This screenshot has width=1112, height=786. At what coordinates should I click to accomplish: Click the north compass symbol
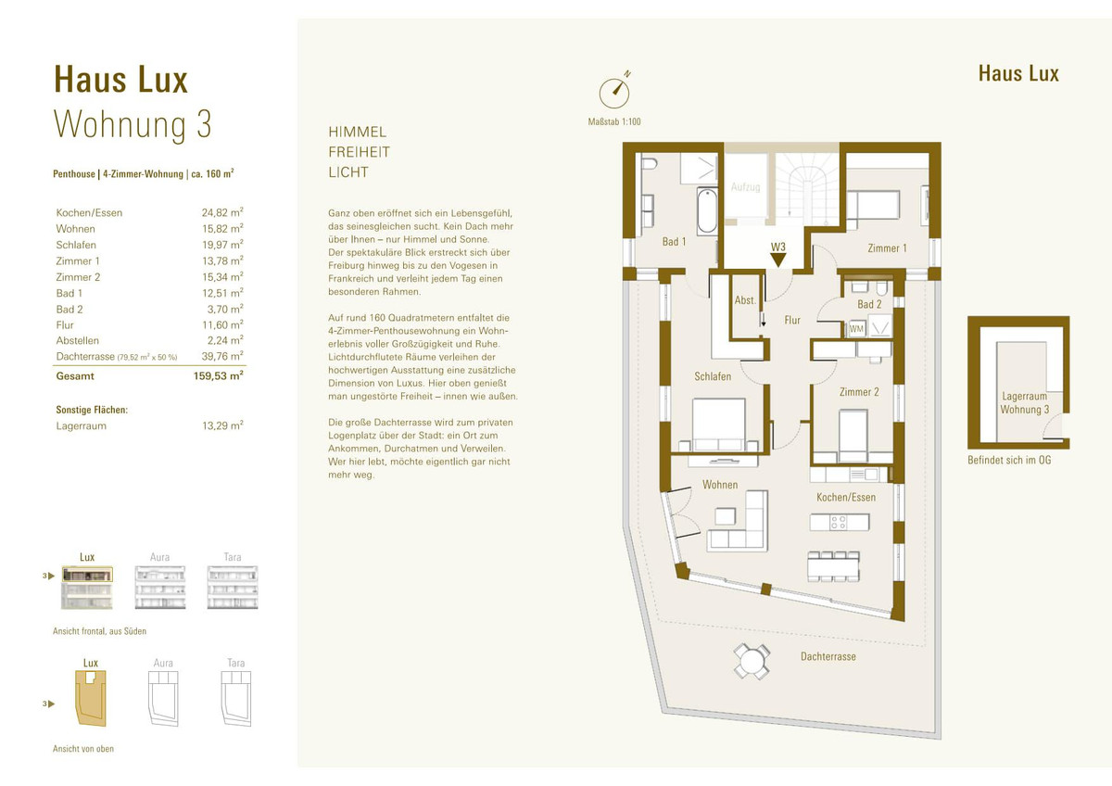click(x=614, y=93)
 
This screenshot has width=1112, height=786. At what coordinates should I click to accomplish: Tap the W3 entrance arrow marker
click(x=777, y=260)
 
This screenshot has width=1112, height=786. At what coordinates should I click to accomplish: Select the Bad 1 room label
click(x=674, y=242)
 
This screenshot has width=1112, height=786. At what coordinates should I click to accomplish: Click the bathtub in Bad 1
click(x=707, y=211)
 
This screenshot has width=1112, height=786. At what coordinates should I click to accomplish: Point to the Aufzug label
click(x=745, y=187)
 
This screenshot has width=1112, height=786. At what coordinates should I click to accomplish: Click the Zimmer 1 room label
click(x=887, y=248)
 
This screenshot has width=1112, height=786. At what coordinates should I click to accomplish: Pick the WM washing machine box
click(x=856, y=329)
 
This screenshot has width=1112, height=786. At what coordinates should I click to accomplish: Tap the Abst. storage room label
click(x=745, y=300)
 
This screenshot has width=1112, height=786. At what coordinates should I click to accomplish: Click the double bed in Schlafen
click(x=718, y=425)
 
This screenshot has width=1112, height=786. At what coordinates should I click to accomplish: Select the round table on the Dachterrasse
click(x=752, y=662)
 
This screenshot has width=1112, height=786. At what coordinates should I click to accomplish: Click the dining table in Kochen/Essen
click(x=833, y=566)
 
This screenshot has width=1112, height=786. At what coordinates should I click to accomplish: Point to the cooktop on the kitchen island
click(x=839, y=522)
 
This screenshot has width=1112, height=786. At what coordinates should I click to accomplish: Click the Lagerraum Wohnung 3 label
click(x=1025, y=402)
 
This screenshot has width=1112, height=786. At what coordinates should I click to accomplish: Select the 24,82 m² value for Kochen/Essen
click(x=222, y=212)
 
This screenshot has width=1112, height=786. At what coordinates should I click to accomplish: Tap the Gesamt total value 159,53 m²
click(x=219, y=376)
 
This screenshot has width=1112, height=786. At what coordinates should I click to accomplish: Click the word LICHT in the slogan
click(x=348, y=172)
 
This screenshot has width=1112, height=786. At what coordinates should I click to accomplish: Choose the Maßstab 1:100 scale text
click(x=614, y=121)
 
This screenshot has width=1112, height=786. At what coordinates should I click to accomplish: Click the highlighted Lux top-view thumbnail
click(x=91, y=698)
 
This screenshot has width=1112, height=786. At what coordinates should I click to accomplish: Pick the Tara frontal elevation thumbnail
click(x=233, y=588)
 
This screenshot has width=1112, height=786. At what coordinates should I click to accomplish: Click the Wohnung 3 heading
click(x=133, y=124)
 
